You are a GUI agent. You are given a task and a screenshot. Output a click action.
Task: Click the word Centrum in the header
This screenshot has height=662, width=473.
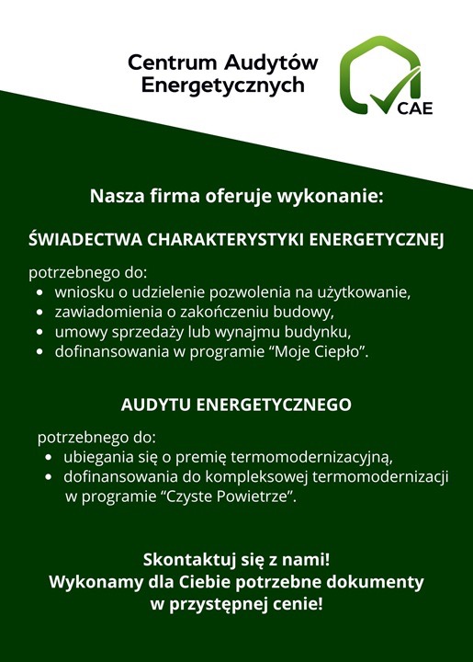[164, 63]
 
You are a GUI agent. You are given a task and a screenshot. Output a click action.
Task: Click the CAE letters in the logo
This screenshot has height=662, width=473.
[415, 104]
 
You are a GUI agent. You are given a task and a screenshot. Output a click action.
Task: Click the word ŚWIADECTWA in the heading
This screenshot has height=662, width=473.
[84, 240]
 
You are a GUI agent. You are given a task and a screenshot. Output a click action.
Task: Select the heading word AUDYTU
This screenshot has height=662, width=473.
[156, 405]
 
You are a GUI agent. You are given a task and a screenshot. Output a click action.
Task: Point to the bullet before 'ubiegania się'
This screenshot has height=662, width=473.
[49, 457]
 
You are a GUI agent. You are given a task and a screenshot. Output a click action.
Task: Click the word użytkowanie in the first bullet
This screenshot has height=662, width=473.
[362, 293]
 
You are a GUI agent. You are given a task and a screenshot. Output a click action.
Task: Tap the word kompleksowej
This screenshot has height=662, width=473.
[260, 477]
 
